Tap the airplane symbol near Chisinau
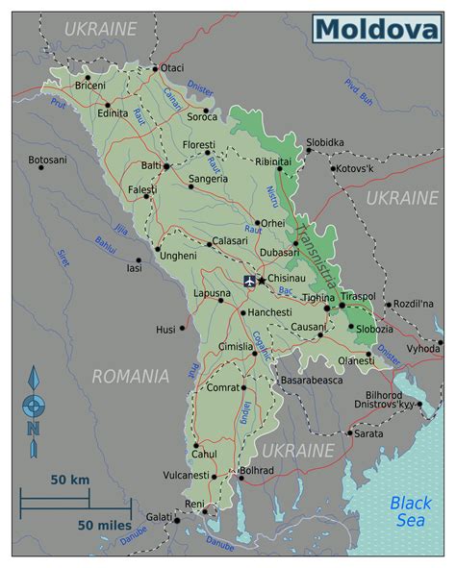pos(250,281)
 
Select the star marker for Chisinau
pos(262,280)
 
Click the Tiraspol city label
pos(357,297)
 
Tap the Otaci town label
pos(172,68)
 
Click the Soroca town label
pos(203,116)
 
